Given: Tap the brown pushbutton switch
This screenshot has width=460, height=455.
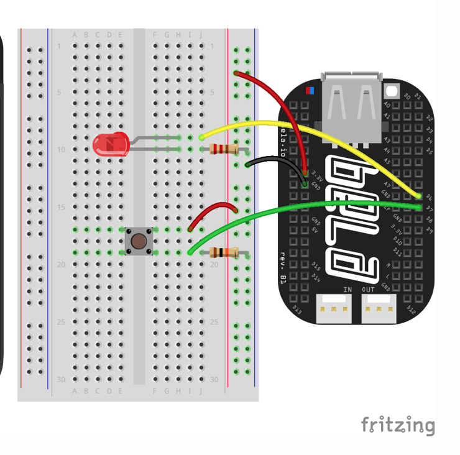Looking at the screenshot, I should (x=139, y=241).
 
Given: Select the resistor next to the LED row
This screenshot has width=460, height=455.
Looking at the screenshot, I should (x=224, y=149).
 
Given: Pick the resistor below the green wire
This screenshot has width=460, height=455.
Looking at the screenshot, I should (x=224, y=252).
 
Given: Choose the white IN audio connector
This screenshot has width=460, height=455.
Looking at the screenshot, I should (x=333, y=308).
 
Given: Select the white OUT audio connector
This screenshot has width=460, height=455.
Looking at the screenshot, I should (x=379, y=308).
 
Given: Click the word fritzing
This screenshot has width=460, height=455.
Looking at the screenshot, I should (x=398, y=425).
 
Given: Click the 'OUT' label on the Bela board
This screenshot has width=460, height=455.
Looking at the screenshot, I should (x=369, y=290).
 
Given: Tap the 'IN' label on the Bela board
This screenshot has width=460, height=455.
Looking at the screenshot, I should (x=347, y=290).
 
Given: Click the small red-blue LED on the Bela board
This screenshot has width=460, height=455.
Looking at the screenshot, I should (x=309, y=91).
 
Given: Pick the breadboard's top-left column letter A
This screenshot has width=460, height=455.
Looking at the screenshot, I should (x=75, y=35).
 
